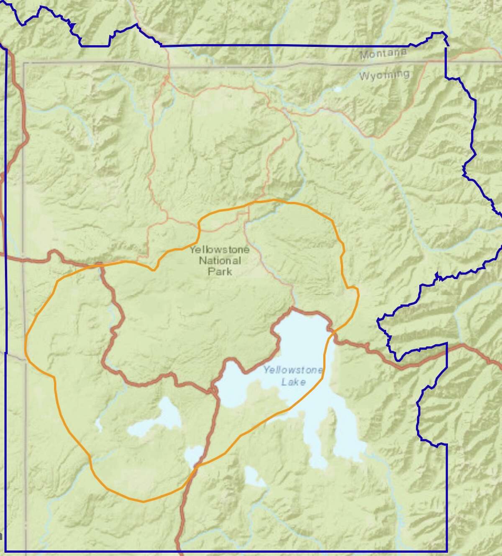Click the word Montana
384,54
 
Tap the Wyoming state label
384,76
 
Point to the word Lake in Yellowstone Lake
293,382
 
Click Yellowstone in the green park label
220,250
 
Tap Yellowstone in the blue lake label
293,370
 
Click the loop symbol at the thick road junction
214,391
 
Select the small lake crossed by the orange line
193,456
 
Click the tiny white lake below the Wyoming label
337,89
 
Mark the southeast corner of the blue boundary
446,550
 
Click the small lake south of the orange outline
253,477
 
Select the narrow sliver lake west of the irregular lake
99,424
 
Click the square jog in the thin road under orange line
243,215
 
